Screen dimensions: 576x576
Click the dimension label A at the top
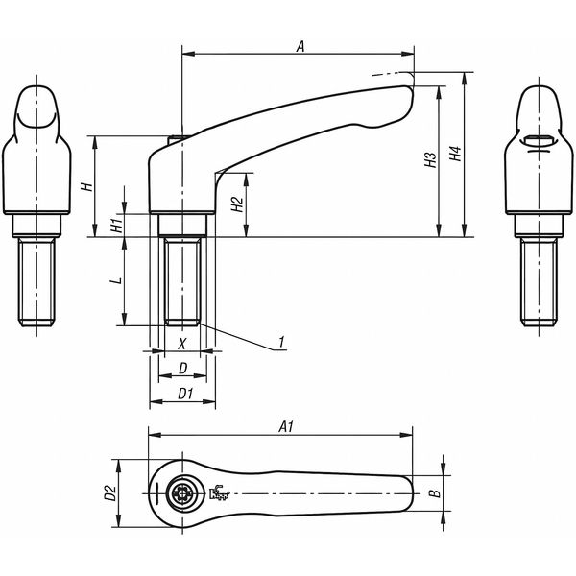pyautogui.click(x=300, y=44)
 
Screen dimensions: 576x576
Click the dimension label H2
pyautogui.click(x=236, y=204)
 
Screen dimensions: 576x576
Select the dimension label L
pyautogui.click(x=114, y=280)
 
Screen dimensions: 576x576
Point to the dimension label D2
pyautogui.click(x=109, y=494)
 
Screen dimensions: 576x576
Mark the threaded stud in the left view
pyautogui.click(x=39, y=283)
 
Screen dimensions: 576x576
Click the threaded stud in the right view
pyautogui.click(x=539, y=283)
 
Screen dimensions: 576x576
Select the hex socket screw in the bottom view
pyautogui.click(x=183, y=495)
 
